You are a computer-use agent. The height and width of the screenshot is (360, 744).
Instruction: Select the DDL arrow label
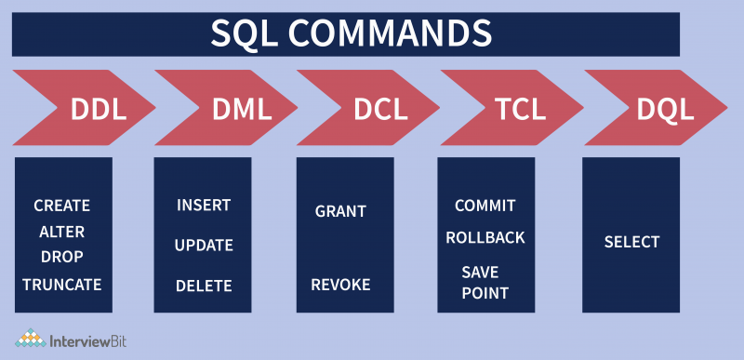pos(99,110)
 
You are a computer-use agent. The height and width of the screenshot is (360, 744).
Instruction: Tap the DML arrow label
pos(241,110)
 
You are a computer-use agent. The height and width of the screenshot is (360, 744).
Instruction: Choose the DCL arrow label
pos(380,110)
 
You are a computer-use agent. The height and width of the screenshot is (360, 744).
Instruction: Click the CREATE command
pos(62,206)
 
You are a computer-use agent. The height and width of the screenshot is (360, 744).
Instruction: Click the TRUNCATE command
pos(62,284)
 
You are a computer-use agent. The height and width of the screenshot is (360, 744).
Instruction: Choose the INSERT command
pos(204,206)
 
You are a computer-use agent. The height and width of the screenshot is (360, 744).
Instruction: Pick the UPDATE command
pos(204,246)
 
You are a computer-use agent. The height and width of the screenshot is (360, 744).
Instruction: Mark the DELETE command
pos(204,286)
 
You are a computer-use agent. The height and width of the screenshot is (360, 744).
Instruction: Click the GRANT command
pos(340,211)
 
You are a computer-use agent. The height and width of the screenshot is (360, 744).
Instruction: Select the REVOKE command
pos(340,285)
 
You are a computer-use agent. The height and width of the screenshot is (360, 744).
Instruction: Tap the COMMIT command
pos(485,206)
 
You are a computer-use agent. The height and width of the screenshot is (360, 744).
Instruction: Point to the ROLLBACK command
pos(485,237)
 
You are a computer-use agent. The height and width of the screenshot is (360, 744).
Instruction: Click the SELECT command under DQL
pos(631,242)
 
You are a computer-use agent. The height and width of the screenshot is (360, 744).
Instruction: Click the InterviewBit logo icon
pos(30,340)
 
